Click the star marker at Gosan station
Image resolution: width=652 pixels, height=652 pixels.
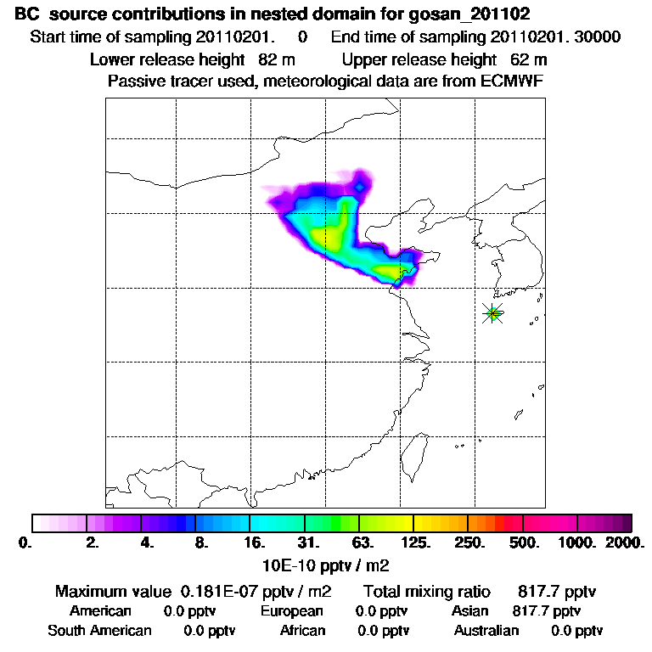493,313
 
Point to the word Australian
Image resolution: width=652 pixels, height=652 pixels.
486,631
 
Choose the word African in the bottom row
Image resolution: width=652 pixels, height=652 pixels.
302,631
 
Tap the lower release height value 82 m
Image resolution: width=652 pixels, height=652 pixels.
270,60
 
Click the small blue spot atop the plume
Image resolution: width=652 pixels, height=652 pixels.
360,186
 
